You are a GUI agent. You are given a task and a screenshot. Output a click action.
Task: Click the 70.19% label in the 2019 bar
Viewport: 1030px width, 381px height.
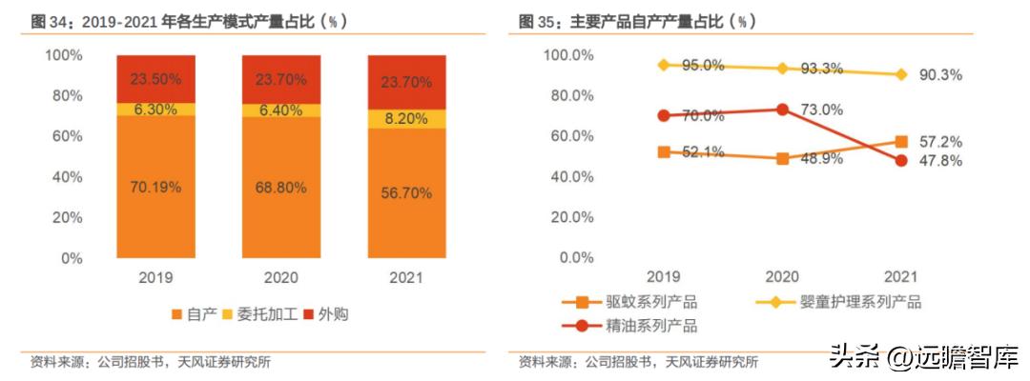(154, 187)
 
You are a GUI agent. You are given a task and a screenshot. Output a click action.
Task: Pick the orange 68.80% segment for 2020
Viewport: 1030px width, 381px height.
(280, 188)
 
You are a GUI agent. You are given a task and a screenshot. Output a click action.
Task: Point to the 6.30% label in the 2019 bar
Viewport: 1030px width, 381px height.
(154, 110)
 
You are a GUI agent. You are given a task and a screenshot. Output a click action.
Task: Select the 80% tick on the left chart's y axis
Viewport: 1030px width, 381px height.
(65, 96)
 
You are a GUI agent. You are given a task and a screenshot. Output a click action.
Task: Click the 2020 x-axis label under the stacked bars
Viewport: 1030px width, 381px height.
(280, 277)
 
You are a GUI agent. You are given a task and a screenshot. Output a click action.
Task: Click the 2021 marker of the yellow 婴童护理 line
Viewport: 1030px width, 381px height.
(901, 74)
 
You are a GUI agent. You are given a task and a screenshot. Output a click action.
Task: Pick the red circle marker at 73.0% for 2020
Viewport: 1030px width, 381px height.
(782, 110)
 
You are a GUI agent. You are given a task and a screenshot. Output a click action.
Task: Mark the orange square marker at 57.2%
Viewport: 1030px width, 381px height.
(901, 142)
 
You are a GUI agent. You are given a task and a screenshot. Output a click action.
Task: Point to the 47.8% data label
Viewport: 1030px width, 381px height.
(941, 162)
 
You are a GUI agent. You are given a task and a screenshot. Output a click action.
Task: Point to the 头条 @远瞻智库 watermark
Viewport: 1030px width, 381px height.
(923, 356)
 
